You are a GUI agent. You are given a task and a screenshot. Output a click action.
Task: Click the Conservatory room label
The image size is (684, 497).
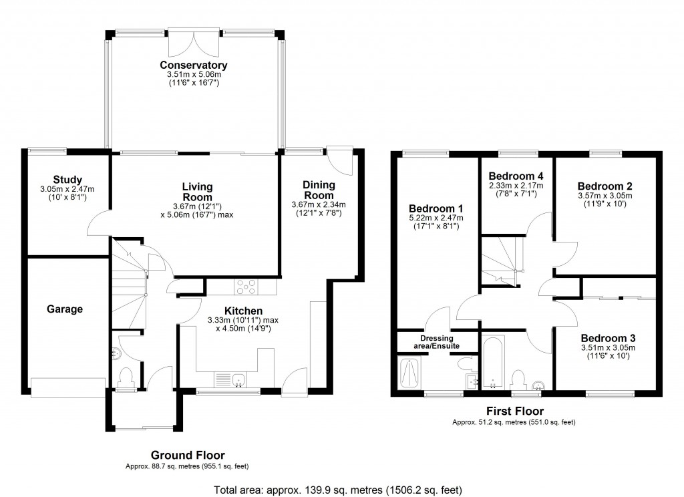[194, 65]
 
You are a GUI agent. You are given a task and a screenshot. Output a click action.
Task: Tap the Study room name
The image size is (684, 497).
[68, 179]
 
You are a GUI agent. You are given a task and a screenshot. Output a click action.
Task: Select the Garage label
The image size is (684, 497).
[65, 309]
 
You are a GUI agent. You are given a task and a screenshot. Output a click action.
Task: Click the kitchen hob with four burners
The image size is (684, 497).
[246, 287]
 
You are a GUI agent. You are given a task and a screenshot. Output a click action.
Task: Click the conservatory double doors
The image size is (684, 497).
[194, 43]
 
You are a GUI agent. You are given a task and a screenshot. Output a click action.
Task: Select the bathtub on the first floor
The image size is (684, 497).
[494, 363]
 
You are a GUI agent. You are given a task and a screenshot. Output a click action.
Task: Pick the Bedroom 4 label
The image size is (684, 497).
[516, 176]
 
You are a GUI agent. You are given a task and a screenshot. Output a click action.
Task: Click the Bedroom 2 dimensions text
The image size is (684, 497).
[605, 200]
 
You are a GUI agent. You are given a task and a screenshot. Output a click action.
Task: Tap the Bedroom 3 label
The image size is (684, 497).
[607, 338]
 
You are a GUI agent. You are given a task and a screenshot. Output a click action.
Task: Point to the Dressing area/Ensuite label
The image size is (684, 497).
[438, 341]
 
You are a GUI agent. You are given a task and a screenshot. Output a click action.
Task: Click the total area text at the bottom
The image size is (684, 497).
[337, 490]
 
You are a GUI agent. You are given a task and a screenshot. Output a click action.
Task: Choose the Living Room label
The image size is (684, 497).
[197, 192]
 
